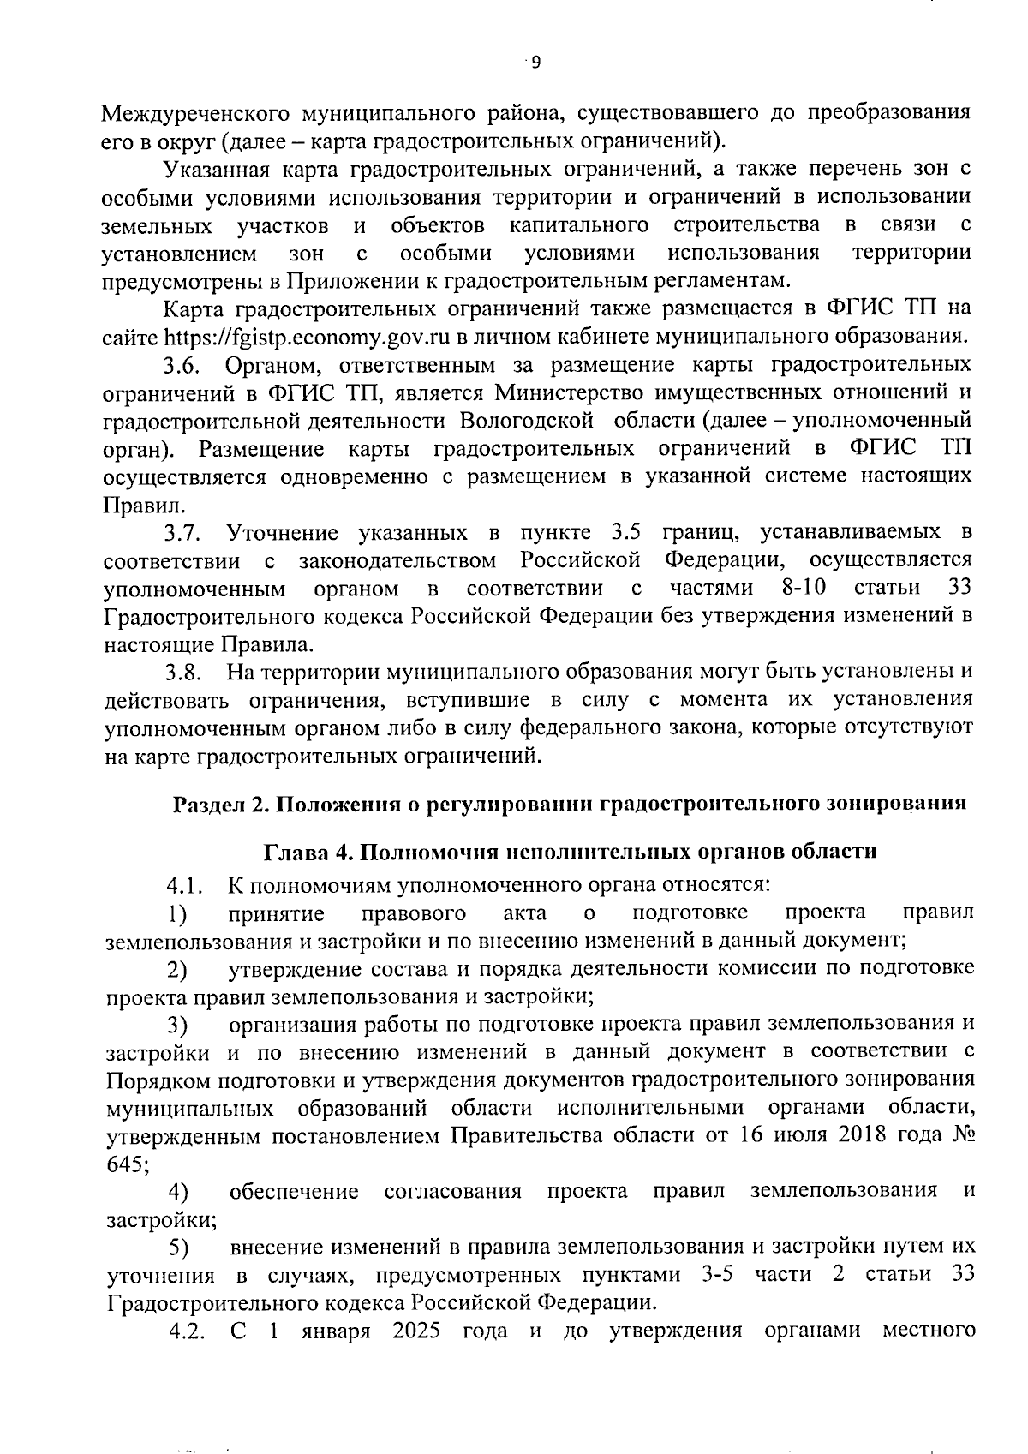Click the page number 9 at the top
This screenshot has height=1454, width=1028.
(535, 62)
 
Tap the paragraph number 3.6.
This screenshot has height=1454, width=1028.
(182, 365)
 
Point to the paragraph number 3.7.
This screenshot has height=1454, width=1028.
(182, 533)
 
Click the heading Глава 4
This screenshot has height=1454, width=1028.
(305, 853)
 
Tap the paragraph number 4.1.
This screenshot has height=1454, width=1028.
(182, 884)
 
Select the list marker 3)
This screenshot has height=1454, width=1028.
(176, 1024)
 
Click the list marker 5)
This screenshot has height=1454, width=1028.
(176, 1247)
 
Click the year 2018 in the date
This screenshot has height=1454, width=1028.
(864, 1135)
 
